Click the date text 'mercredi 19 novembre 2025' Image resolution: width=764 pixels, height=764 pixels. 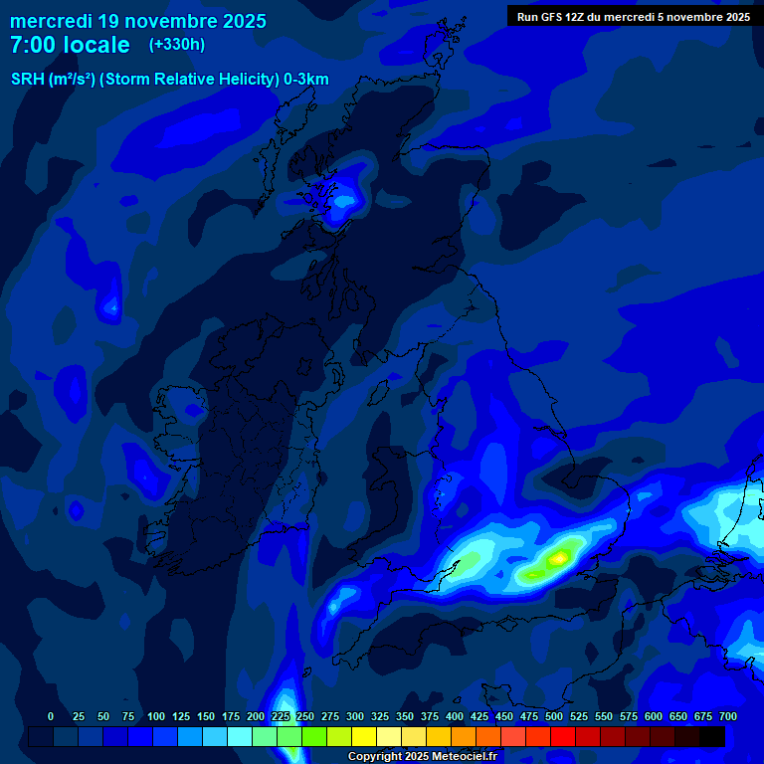click(138, 21)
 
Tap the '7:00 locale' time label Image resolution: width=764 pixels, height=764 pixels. click(71, 45)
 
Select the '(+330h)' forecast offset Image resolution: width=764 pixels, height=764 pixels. click(177, 45)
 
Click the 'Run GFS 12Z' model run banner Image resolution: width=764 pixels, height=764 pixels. click(634, 16)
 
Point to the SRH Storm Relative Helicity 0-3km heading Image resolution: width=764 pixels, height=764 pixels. click(169, 80)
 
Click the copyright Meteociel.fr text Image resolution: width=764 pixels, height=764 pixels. click(425, 757)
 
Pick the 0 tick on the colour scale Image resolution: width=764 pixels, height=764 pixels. click(51, 716)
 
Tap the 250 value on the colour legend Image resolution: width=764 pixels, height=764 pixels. click(305, 716)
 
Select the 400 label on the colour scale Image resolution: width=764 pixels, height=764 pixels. click(455, 716)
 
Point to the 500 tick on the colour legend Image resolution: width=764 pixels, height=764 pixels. click(554, 716)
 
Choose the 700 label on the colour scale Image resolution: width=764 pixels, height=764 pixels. click(728, 716)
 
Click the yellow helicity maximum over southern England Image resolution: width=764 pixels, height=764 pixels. click(560, 558)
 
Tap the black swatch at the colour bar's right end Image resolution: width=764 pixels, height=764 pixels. click(712, 736)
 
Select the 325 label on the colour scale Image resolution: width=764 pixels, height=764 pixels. click(380, 716)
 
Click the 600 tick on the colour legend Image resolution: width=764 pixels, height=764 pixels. click(654, 716)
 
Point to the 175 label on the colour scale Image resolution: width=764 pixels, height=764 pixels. click(231, 716)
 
